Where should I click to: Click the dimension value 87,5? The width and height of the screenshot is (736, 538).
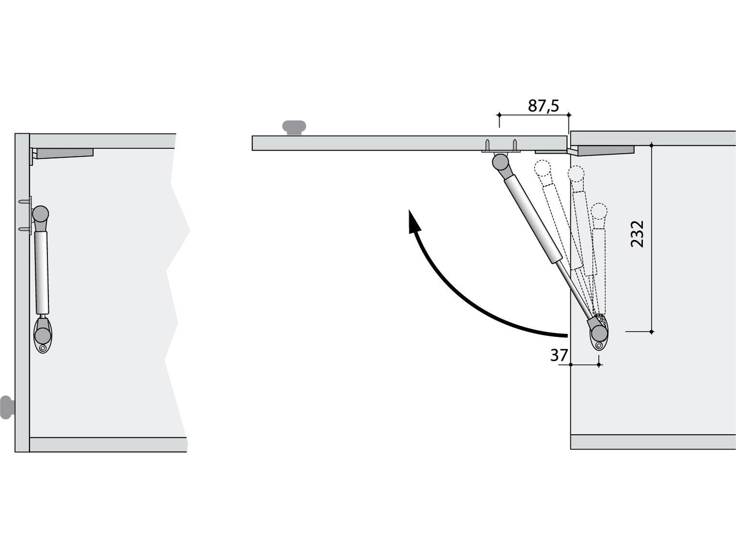point(543,106)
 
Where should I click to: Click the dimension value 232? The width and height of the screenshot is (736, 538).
point(637,234)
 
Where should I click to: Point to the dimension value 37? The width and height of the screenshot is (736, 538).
point(559,355)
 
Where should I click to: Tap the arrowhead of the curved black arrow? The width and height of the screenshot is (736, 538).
point(414,223)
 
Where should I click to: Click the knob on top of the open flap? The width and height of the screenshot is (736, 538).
point(294,127)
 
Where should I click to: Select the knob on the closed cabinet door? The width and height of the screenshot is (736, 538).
point(7,407)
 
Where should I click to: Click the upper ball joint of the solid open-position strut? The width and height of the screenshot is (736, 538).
point(500,162)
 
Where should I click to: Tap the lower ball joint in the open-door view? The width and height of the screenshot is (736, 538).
point(599,333)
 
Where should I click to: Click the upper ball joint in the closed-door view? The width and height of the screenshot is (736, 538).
point(41,214)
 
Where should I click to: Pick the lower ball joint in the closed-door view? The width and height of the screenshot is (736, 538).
point(43,335)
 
